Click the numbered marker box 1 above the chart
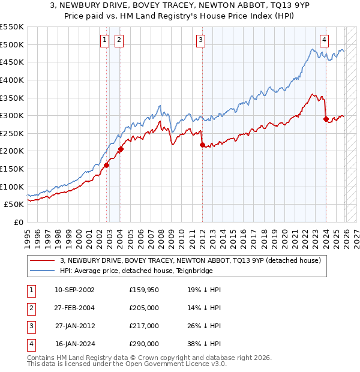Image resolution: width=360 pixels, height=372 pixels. (104, 40)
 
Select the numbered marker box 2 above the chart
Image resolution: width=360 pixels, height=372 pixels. (119, 40)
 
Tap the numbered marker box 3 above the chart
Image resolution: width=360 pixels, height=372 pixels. (200, 40)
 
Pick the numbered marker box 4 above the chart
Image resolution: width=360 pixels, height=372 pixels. (324, 40)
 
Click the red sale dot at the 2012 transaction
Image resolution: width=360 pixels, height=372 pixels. (202, 145)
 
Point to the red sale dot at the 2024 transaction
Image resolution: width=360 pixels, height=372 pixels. (326, 119)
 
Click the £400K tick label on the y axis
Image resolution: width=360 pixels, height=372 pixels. (11, 80)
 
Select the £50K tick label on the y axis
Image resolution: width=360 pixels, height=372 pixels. (14, 205)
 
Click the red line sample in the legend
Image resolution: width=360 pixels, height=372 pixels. (43, 260)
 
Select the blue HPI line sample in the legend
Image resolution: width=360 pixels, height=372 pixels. (43, 271)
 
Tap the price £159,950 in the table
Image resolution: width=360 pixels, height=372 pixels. (144, 290)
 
